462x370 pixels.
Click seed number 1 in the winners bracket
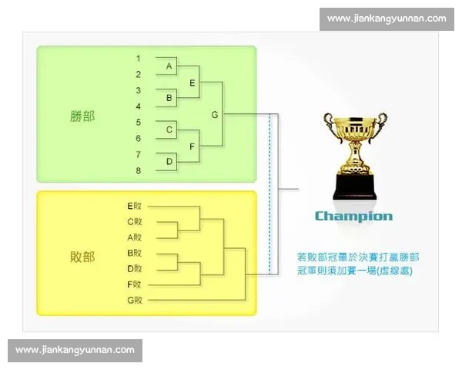click(x=138, y=59)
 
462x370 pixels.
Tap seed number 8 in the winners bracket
click(x=138, y=170)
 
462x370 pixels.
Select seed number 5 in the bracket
click(x=138, y=123)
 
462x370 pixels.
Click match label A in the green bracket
click(x=169, y=67)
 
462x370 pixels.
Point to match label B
click(x=169, y=99)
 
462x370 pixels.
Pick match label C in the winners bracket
click(x=169, y=130)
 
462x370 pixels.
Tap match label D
click(x=169, y=162)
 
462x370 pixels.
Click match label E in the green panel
click(x=192, y=82)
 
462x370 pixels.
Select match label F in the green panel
click(x=192, y=146)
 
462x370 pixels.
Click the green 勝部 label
click(x=82, y=115)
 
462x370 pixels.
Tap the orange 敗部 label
click(x=82, y=257)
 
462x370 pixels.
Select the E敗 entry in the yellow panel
click(x=135, y=206)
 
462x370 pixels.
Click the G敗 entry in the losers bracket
click(x=135, y=300)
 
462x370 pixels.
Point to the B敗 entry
click(x=135, y=253)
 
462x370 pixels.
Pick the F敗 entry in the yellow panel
click(x=135, y=284)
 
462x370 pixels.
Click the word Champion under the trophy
click(x=353, y=217)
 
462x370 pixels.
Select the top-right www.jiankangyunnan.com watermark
click(x=386, y=18)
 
